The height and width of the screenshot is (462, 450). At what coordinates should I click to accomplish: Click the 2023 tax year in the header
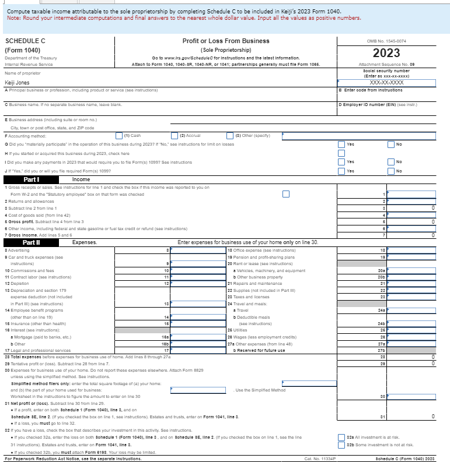386,53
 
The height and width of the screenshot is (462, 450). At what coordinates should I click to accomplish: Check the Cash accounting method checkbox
118,136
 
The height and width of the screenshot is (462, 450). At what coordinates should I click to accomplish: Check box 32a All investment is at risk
341,438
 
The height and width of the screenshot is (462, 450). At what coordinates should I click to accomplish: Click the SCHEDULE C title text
25,41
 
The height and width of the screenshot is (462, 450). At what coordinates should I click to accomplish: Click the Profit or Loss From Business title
225,41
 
